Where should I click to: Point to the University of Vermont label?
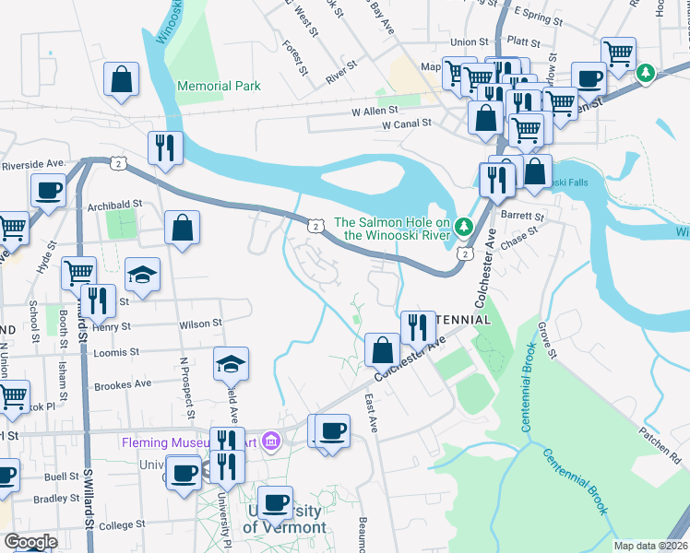pyautogui.click(x=284, y=520)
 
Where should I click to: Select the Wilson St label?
pyautogui.click(x=200, y=324)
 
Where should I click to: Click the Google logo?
pyautogui.click(x=30, y=542)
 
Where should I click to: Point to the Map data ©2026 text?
pyautogui.click(x=650, y=546)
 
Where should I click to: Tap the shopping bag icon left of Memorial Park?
pyautogui.click(x=122, y=80)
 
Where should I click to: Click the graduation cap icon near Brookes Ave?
pyautogui.click(x=232, y=364)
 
